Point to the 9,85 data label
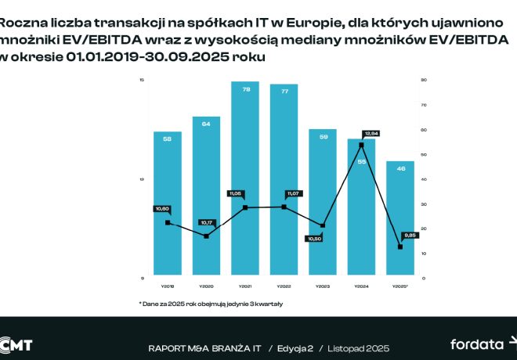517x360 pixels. (x=410, y=235)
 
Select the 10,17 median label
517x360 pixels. (x=207, y=223)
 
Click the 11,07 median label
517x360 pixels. (x=293, y=193)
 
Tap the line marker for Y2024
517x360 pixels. (x=361, y=146)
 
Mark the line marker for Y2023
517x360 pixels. (x=323, y=225)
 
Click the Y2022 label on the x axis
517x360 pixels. (x=284, y=286)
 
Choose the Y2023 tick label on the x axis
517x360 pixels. (x=323, y=286)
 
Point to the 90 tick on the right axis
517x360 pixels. (x=423, y=81)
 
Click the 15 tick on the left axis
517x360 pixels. (x=141, y=81)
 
